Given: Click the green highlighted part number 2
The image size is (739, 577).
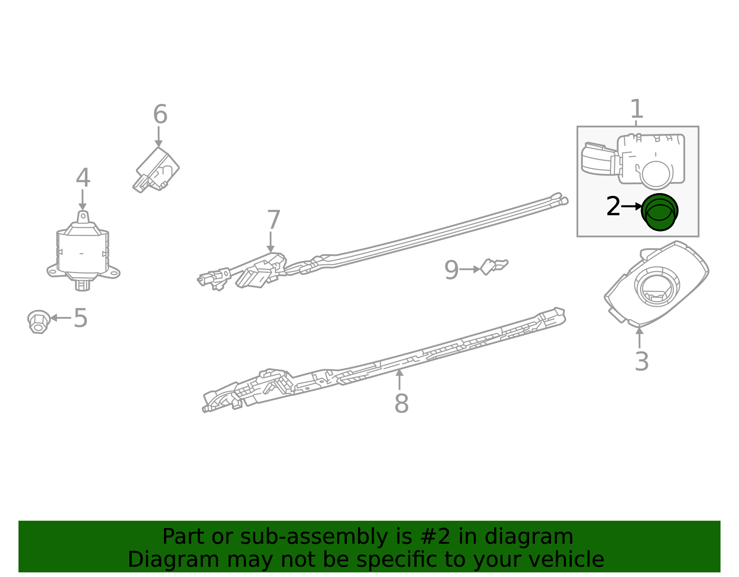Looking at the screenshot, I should [660, 212].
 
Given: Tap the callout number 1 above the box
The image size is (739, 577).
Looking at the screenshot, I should [636, 109].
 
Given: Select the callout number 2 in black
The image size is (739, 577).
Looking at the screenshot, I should [613, 207].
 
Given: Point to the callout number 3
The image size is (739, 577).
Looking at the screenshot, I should [642, 361].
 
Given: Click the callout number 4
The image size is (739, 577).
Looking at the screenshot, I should [83, 178].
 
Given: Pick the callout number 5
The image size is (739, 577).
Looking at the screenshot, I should [80, 318].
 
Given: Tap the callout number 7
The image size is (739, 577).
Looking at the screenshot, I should [273, 220].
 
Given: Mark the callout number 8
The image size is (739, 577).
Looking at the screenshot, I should [401, 403].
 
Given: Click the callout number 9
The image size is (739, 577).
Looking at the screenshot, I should [451, 270].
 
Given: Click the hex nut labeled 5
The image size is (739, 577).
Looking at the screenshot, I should [38, 321].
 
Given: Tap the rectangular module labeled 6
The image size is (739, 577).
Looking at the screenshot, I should [157, 170].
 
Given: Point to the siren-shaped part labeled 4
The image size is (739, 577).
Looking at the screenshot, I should [83, 252].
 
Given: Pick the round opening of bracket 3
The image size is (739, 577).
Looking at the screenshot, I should [657, 287].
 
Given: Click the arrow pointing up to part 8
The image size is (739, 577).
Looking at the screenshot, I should [400, 379].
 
